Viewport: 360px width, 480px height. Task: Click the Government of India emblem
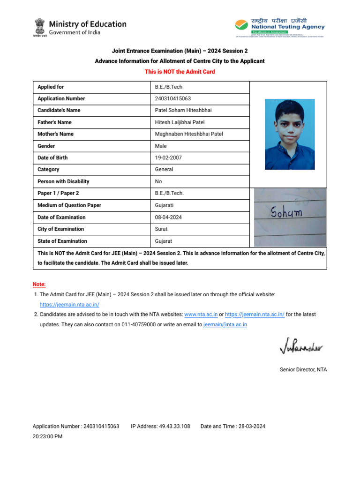tap(40, 27)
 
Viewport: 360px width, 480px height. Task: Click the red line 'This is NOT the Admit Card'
tap(180, 72)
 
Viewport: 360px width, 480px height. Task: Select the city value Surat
tap(161, 229)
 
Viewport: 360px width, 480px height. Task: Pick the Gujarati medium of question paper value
tap(164, 205)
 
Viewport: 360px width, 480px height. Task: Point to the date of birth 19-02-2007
tap(168, 158)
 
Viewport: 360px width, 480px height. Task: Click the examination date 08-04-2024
tap(168, 217)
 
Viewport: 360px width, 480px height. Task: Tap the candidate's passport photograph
tap(290, 134)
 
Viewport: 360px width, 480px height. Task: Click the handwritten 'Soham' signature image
tap(290, 217)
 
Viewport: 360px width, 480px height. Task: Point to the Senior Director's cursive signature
tap(300, 347)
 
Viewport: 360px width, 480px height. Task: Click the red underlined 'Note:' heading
tap(39, 285)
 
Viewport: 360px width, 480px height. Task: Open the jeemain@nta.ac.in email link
tap(225, 324)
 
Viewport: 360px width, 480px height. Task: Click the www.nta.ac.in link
tap(201, 315)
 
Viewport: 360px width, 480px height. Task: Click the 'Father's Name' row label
tap(54, 122)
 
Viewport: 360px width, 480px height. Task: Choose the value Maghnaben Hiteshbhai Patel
tap(189, 134)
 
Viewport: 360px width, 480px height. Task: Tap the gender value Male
tap(161, 146)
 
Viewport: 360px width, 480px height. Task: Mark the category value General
tap(164, 170)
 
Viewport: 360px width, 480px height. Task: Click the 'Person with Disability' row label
tap(63, 181)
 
